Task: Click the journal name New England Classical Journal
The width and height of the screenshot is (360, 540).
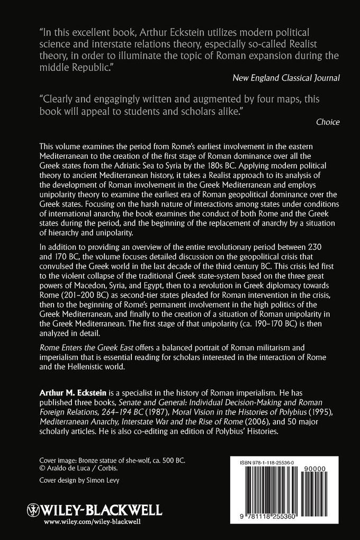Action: pyautogui.click(x=286, y=78)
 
